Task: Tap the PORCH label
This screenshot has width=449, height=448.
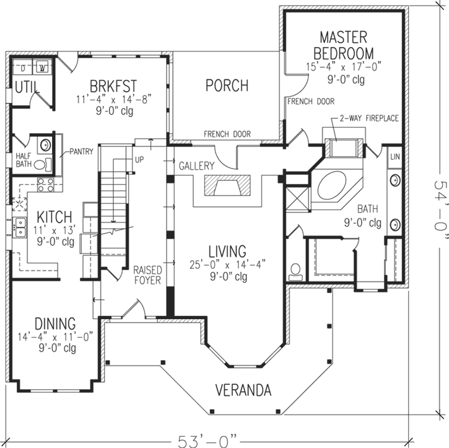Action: (227, 86)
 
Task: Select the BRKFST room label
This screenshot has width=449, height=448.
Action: (113, 84)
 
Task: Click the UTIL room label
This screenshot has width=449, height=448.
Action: (25, 87)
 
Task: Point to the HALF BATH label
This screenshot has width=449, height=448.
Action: (23, 160)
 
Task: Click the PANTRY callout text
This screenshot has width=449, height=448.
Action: (81, 151)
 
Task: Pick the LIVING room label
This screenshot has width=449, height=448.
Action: (227, 252)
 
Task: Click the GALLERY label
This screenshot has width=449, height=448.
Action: (197, 166)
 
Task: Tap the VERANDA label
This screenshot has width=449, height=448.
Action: (243, 390)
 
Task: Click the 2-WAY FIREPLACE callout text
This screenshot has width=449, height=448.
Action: (368, 118)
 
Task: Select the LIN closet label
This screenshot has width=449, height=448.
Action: (395, 157)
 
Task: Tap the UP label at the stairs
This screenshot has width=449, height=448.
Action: (139, 159)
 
